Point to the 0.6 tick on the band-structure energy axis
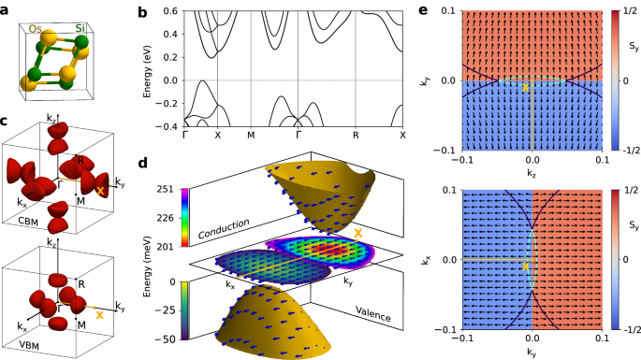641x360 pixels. point(171,12)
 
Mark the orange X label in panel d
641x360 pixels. point(357,231)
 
